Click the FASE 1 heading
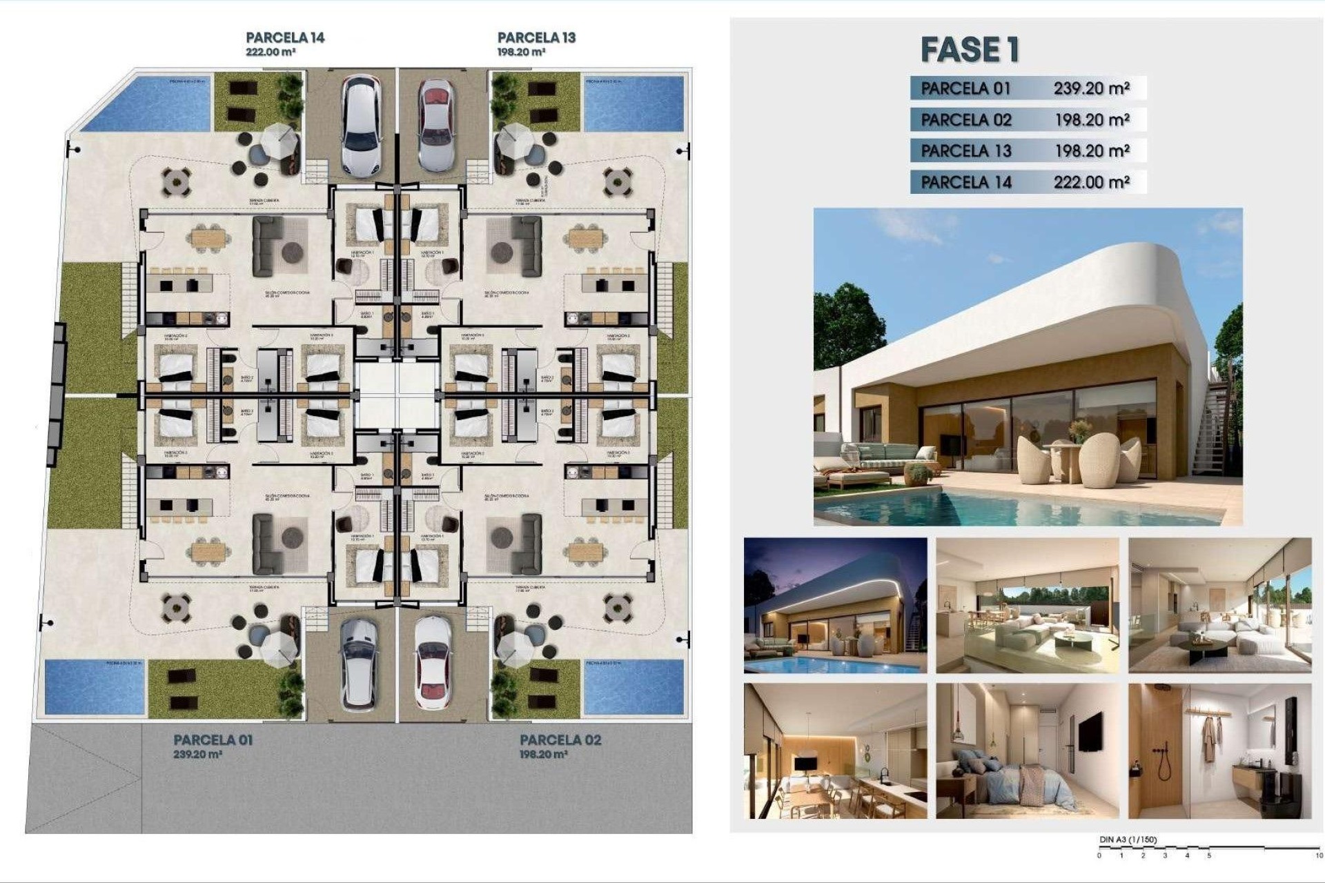click(x=969, y=50)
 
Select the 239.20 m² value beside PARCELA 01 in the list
click(x=1091, y=88)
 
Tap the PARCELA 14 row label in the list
click(x=965, y=182)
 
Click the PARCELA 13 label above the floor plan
click(x=536, y=38)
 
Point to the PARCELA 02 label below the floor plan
click(x=560, y=740)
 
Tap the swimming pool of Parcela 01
click(x=95, y=686)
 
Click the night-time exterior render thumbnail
click(x=835, y=605)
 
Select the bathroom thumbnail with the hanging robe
click(x=1219, y=751)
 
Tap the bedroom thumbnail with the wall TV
click(x=1027, y=751)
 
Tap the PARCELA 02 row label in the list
click(x=965, y=120)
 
